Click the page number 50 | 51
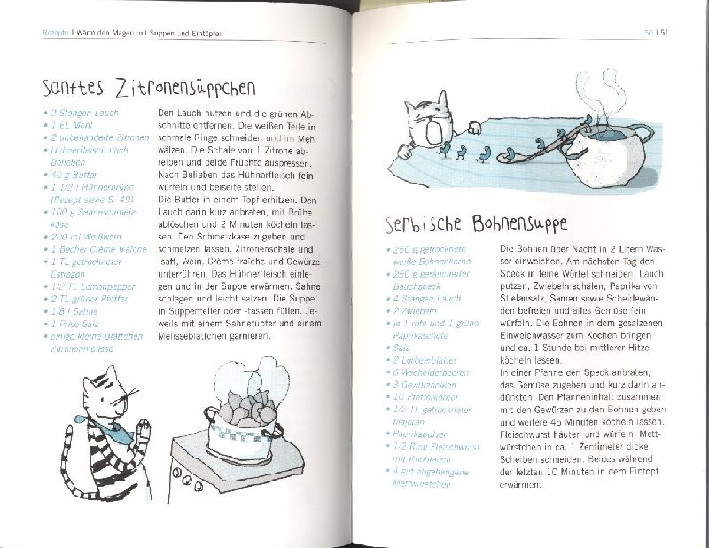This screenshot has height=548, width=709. (x=661, y=35)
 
